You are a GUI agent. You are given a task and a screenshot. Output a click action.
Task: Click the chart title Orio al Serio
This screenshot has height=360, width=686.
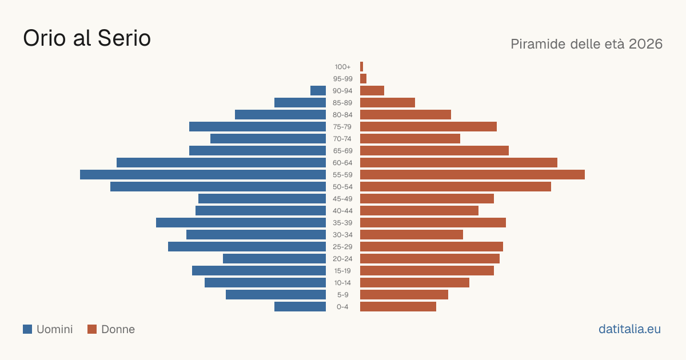(87, 38)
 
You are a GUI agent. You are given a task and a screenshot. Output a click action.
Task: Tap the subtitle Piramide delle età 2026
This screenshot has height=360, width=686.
(587, 44)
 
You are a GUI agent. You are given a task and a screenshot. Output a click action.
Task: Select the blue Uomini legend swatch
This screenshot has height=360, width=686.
(27, 329)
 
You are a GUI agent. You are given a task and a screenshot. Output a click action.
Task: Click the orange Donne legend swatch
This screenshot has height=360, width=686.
(92, 329)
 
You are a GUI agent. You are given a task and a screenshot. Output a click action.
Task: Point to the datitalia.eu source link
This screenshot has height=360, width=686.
(629, 329)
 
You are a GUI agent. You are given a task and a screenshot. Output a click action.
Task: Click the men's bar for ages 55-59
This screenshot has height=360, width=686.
(203, 174)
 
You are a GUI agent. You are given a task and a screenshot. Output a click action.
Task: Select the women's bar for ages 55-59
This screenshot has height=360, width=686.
(472, 174)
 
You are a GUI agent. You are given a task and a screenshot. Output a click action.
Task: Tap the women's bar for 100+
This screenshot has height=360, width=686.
(362, 66)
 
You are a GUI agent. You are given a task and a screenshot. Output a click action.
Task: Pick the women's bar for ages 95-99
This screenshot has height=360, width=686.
(363, 79)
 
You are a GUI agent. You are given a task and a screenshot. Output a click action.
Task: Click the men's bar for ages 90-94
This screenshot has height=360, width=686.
(318, 91)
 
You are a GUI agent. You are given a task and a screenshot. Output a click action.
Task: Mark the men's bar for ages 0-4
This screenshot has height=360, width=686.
(300, 307)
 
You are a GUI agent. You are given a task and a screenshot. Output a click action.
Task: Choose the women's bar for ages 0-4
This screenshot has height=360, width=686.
(398, 307)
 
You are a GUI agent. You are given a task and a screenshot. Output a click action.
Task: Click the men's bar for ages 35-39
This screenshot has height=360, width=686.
(241, 222)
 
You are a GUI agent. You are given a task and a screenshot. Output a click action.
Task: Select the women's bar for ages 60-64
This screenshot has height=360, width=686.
(458, 162)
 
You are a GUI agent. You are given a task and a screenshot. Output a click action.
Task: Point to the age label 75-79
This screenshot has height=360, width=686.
(342, 127)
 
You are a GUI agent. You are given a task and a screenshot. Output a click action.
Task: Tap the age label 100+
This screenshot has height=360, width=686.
(342, 67)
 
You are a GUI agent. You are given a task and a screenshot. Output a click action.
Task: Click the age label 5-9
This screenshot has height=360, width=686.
(342, 295)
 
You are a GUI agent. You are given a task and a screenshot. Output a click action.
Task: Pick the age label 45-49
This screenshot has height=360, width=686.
(342, 199)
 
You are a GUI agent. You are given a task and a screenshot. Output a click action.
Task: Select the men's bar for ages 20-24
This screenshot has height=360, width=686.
(274, 259)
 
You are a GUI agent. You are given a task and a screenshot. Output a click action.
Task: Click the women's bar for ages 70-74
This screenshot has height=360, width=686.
(410, 139)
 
